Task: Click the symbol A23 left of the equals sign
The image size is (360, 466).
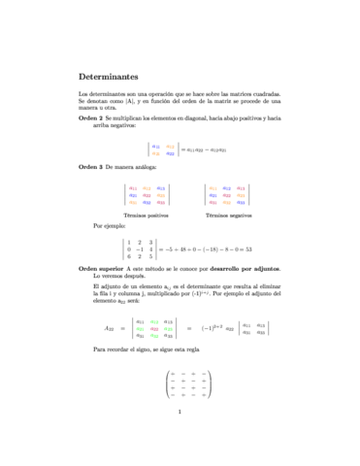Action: click(109, 328)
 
